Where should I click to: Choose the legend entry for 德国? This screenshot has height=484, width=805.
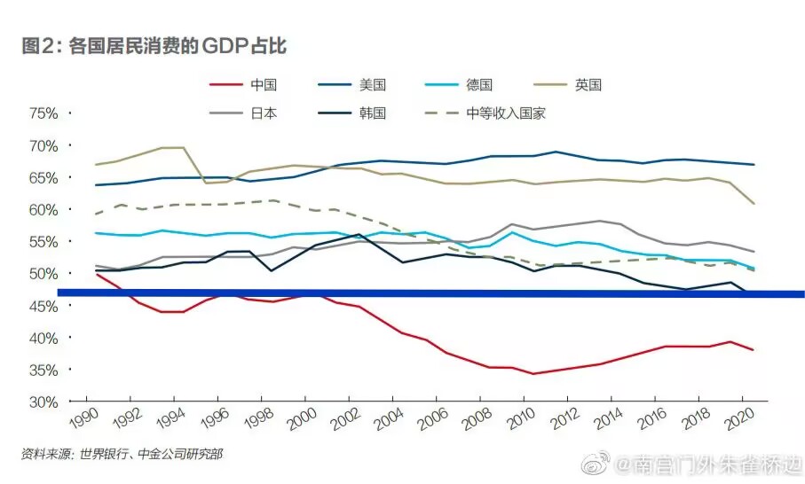tap(478, 85)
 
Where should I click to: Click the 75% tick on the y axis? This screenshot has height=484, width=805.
tap(43, 113)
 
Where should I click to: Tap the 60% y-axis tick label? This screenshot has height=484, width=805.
tap(43, 210)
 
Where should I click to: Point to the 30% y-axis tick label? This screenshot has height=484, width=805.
tap(43, 402)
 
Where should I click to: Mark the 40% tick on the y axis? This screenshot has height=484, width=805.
tap(43, 338)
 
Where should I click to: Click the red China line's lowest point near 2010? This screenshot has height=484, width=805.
tap(533, 373)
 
